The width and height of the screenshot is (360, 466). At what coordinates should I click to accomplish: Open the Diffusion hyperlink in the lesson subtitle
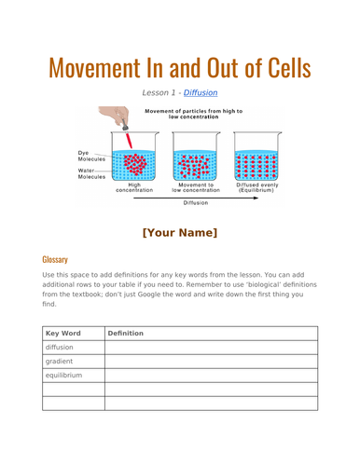[x=201, y=93]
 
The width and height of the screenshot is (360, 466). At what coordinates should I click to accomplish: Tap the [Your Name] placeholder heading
[x=180, y=232]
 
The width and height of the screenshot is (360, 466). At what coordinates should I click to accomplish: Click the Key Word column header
[x=63, y=333]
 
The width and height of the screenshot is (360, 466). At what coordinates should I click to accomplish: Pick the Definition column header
[x=126, y=333]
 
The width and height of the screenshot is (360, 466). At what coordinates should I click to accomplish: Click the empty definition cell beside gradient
[x=211, y=362]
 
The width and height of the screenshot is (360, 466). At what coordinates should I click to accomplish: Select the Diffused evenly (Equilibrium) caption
[x=256, y=187]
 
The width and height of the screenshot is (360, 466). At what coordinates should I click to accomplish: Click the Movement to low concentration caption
[x=195, y=187]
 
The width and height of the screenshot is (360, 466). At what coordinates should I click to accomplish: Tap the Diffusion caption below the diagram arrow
[x=195, y=202]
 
